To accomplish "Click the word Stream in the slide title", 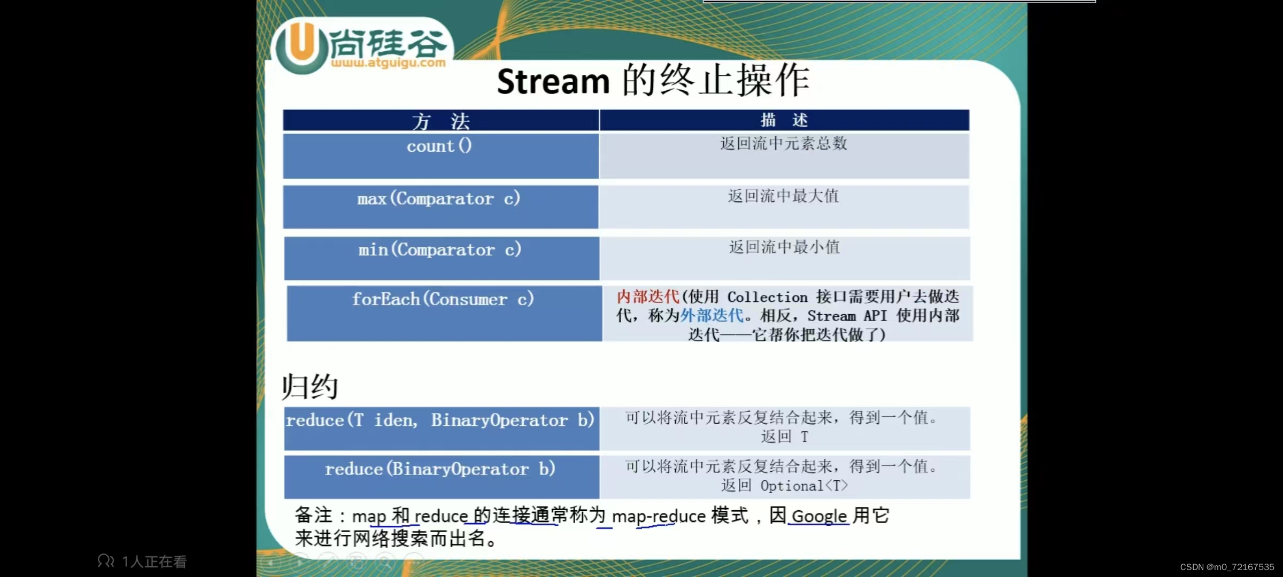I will [x=553, y=82].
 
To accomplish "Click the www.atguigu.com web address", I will [x=388, y=63].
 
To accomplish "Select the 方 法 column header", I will [x=440, y=121].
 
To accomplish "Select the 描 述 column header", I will [x=784, y=120].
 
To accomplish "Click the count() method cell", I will [x=439, y=146].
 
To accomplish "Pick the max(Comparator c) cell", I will [x=439, y=199].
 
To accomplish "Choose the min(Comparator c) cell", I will [x=440, y=249].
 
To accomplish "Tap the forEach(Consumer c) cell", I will [x=443, y=299].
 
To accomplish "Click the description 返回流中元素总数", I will [x=784, y=143].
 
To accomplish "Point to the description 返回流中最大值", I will [x=784, y=196].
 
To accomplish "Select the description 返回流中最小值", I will [x=784, y=247].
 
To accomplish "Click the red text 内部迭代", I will [x=648, y=297].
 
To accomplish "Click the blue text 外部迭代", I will [x=712, y=316].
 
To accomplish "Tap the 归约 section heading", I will [x=310, y=386].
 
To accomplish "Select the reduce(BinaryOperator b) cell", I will [x=440, y=469].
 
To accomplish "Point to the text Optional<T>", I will [x=804, y=486].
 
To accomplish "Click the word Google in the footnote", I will [x=819, y=516].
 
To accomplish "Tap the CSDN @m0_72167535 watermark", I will [x=1227, y=567].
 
